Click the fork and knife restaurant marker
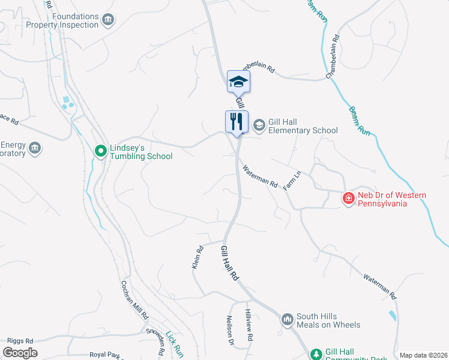pos(237,122)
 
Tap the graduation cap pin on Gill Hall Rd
pos(238,82)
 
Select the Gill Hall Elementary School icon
pos(259,125)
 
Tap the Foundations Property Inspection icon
pos(108,20)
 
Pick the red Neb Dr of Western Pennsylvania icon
pos(348,199)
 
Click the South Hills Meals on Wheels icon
pos(287,319)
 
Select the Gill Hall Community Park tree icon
pos(314,354)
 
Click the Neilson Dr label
pos(229,331)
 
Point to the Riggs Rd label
pos(20,340)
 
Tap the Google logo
pos(20,353)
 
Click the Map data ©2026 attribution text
pos(423,355)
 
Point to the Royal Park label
pos(106,355)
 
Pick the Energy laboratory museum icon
pos(35,148)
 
